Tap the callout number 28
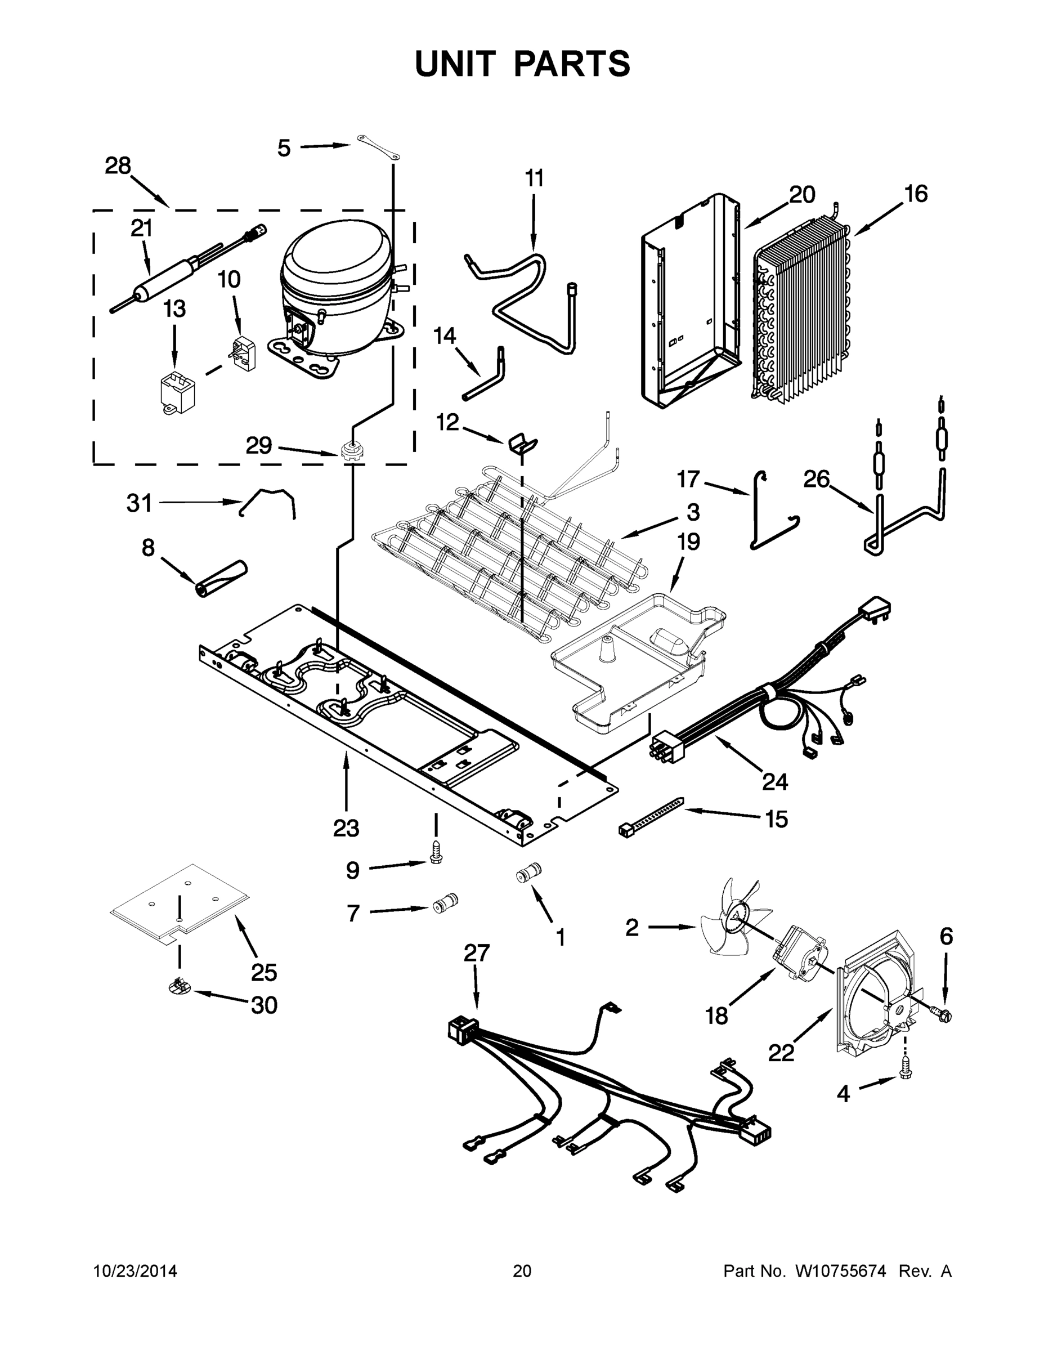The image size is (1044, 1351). coord(118,166)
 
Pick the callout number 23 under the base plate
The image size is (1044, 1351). coord(346,827)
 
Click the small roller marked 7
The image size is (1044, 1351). coord(445,905)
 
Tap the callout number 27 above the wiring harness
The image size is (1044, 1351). coord(476,952)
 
